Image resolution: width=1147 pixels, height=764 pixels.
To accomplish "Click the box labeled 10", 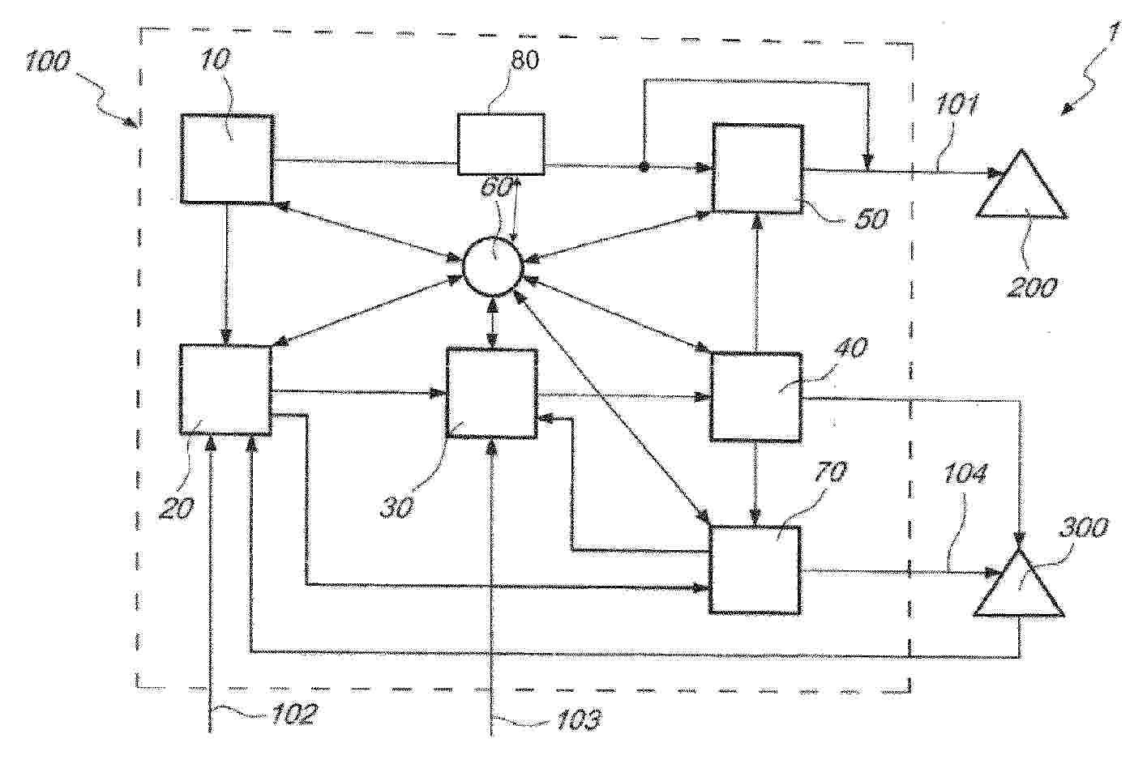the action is click(x=227, y=159).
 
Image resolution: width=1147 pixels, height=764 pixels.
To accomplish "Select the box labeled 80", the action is click(x=501, y=143).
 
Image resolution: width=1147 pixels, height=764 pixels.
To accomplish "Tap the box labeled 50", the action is click(x=757, y=168).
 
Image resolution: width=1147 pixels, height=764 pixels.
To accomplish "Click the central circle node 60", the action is click(x=493, y=267).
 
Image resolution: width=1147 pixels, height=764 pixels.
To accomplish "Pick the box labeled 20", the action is click(x=225, y=390).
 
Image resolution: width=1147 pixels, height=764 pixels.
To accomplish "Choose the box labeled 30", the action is click(x=491, y=394).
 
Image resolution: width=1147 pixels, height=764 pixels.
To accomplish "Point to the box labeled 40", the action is click(x=755, y=396).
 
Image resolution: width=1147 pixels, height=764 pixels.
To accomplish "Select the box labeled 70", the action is click(x=755, y=570).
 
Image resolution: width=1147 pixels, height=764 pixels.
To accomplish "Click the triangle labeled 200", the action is click(x=1022, y=184).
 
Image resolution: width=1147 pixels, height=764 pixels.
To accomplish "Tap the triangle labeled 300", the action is click(x=1019, y=583).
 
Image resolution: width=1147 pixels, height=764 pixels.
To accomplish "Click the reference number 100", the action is click(x=48, y=62).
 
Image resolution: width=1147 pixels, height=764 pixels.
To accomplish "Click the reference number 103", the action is click(x=579, y=719).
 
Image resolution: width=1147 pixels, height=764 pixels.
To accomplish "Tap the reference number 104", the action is click(x=965, y=473).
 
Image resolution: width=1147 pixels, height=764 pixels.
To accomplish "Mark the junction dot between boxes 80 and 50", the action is click(x=644, y=166).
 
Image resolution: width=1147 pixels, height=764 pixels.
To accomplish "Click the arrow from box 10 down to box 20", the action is click(x=226, y=275).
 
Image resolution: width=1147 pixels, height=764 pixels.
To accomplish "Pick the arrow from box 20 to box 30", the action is click(x=359, y=392).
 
